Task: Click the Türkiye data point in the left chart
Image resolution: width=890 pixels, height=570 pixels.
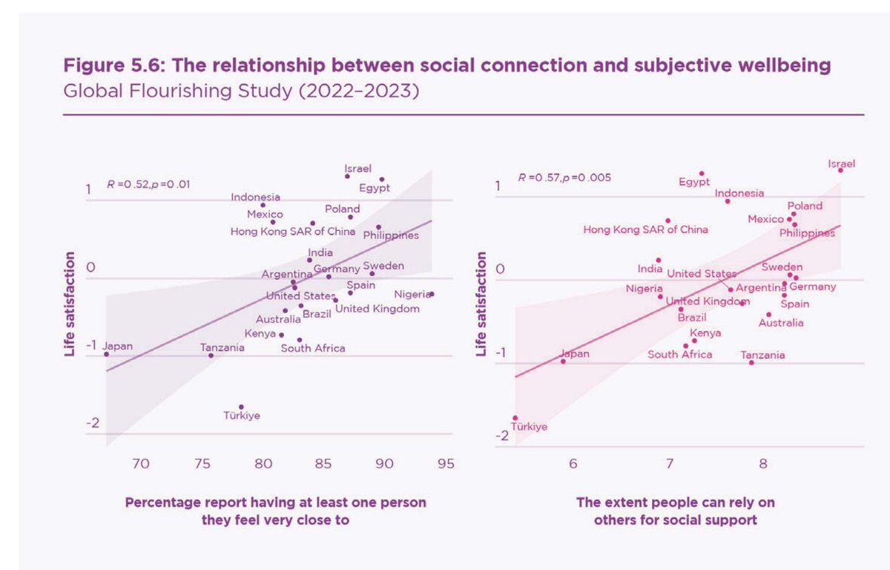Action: pos(241,407)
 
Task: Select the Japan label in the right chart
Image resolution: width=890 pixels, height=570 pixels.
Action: pos(575,354)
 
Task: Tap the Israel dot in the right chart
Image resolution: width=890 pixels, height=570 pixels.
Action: pos(840,170)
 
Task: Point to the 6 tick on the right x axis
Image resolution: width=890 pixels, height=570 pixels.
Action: pos(573,465)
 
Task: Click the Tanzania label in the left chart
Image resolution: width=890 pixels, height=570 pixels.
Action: pos(222,347)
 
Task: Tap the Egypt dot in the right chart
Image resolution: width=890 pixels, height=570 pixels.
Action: pos(702,173)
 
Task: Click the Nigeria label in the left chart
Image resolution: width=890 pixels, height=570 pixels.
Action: pos(412,295)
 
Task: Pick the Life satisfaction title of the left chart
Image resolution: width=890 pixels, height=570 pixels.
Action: pos(70,304)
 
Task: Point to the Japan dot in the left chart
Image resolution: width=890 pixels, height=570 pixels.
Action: pos(106,354)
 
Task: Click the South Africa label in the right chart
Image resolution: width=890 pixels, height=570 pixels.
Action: pos(680,355)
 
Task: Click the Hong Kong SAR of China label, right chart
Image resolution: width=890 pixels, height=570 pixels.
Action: pos(645,230)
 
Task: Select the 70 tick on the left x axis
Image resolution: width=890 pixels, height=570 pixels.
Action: pos(141,465)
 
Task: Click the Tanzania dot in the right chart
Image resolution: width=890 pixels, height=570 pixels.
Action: pos(751,362)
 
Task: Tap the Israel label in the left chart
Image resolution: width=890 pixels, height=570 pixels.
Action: pos(358,168)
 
